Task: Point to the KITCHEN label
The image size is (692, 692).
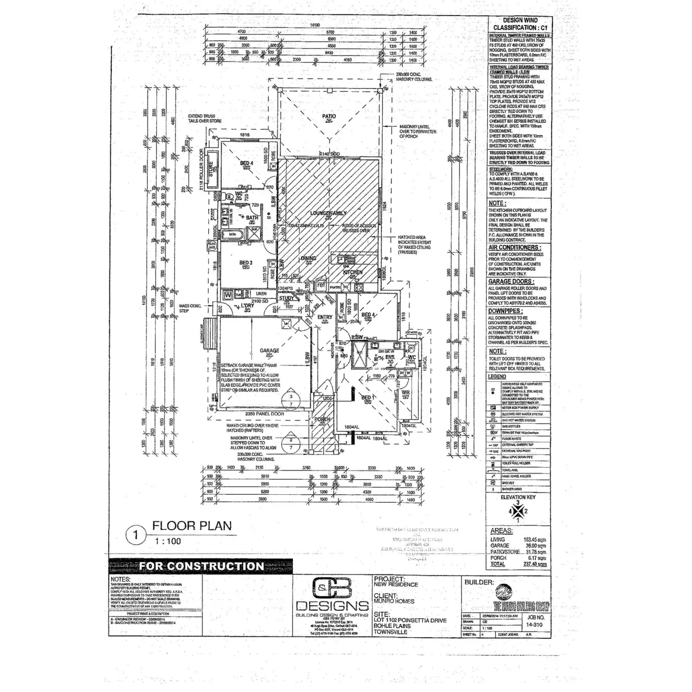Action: (x=352, y=271)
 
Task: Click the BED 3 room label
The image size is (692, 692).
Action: (x=246, y=262)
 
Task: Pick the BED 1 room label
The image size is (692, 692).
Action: (x=367, y=398)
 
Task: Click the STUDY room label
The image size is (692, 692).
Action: (x=287, y=299)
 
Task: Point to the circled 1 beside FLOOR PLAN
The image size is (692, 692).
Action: (x=136, y=534)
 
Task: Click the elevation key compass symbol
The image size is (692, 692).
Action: (x=518, y=510)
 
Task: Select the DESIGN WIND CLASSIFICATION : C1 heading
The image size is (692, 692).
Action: (x=518, y=24)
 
